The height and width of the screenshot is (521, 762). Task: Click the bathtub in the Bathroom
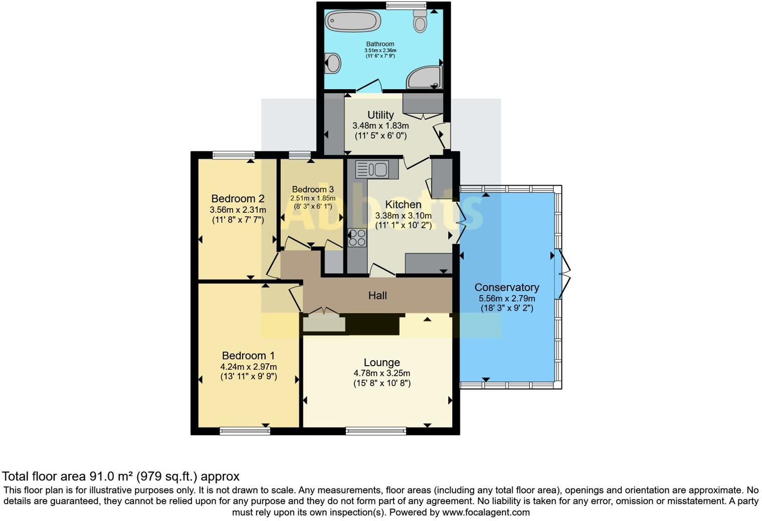(352, 22)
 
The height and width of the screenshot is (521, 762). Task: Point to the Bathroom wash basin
(333, 64)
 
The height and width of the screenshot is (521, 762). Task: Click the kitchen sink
(372, 169)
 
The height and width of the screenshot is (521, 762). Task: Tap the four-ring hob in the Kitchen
(357, 237)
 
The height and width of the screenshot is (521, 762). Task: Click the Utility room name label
(380, 115)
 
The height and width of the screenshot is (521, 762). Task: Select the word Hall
(377, 296)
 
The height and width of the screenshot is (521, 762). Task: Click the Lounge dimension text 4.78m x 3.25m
(382, 373)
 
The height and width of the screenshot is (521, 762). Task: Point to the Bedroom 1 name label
(248, 356)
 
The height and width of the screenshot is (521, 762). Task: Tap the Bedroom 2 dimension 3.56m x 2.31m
(238, 210)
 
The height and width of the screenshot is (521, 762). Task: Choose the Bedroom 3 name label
(313, 189)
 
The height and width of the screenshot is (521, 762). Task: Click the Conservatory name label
(507, 288)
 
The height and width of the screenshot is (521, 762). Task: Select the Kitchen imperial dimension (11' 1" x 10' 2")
(403, 225)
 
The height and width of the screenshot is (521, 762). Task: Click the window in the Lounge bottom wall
(375, 430)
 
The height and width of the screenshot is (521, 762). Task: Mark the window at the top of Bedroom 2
(233, 155)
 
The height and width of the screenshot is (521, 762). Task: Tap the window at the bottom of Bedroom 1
(245, 430)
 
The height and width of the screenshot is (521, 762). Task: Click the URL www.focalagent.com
(486, 512)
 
